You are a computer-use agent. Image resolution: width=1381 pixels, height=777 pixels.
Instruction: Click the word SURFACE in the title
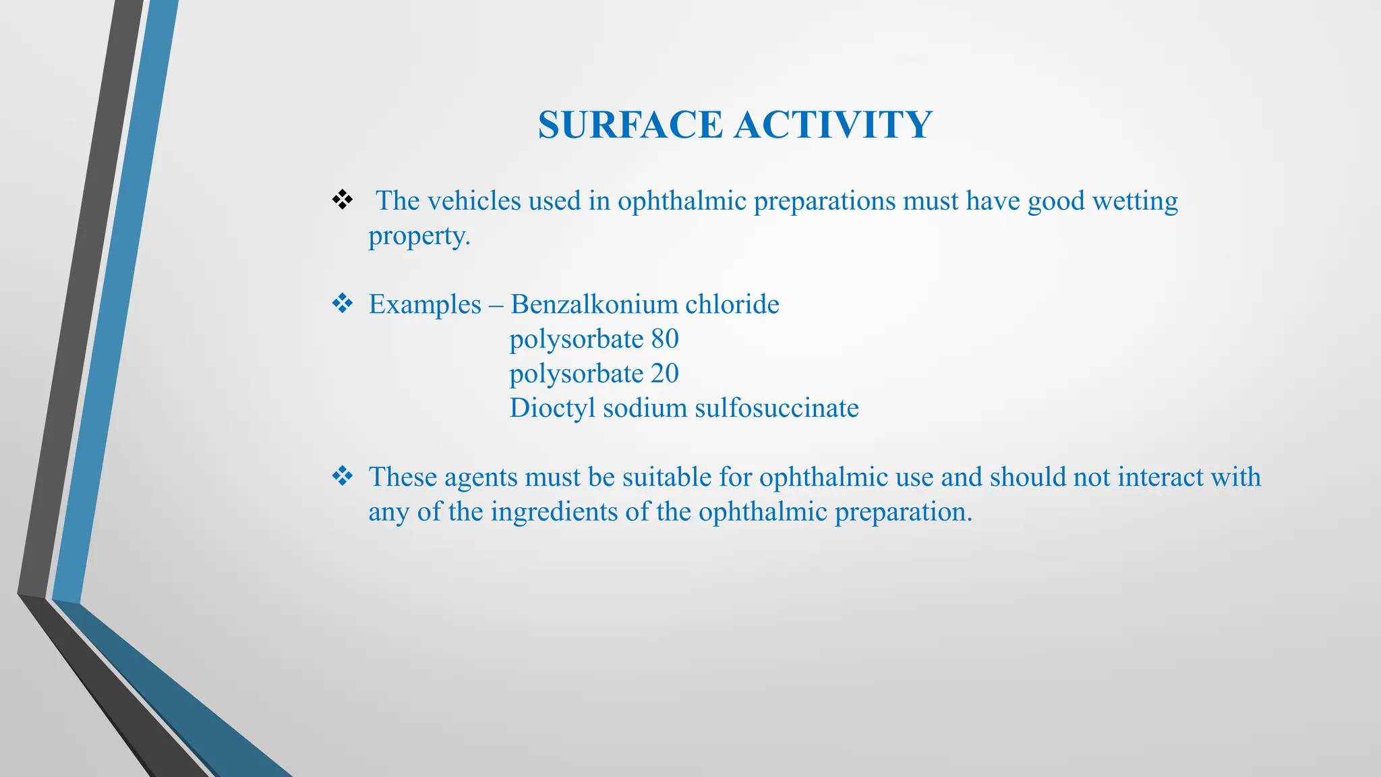(630, 125)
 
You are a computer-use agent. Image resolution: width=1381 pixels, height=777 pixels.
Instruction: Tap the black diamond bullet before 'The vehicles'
(343, 200)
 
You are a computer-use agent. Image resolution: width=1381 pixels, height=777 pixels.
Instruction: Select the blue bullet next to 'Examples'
(343, 304)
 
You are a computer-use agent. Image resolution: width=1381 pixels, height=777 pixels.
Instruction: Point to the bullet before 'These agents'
(343, 476)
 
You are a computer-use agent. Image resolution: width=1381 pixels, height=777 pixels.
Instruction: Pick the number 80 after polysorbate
(665, 339)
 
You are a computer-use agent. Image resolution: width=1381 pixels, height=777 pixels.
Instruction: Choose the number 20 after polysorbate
(665, 373)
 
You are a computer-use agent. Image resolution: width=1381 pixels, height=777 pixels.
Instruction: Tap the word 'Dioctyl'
(552, 408)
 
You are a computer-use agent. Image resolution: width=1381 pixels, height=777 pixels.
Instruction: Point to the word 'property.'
(419, 236)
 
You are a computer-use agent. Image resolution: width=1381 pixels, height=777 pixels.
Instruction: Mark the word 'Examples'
(425, 304)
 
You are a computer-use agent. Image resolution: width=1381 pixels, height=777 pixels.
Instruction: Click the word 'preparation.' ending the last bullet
(903, 512)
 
